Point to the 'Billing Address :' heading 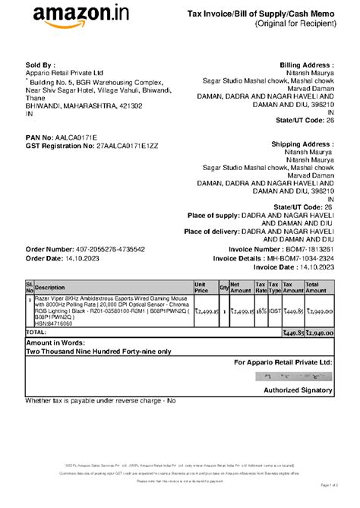[307, 65]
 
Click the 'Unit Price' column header [201, 289]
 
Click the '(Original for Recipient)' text [296, 24]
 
